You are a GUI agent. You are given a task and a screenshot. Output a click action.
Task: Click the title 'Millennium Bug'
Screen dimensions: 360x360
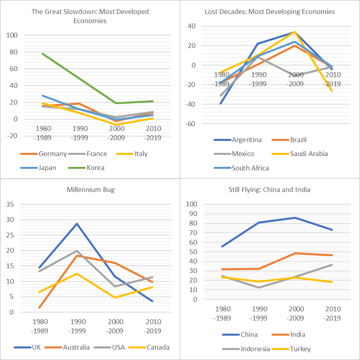(x=90, y=190)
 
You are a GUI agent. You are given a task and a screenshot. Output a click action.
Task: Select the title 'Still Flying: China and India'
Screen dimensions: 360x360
(x=269, y=190)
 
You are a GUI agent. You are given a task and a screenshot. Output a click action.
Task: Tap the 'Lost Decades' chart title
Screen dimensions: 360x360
(x=269, y=12)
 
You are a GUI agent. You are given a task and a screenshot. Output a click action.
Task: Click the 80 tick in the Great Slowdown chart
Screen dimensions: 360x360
(x=13, y=52)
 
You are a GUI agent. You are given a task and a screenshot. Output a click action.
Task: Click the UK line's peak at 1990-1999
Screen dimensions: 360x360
(x=77, y=224)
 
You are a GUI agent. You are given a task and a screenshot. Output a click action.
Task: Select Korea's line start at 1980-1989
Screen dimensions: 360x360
(x=43, y=53)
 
